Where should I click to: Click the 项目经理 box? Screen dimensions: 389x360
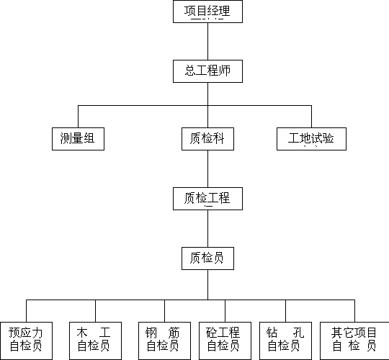[207, 12]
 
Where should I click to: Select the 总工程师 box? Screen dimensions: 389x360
[207, 71]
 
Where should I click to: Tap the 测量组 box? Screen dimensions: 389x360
[78, 139]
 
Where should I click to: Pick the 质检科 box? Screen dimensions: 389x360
[207, 139]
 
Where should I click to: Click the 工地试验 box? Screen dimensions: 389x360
[311, 139]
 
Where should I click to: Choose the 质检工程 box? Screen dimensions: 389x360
[207, 199]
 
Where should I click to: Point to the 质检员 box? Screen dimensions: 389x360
[207, 258]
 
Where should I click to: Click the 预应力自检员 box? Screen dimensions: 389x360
[26, 341]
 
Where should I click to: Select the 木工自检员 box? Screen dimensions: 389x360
[95, 341]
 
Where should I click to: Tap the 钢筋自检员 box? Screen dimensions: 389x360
[164, 341]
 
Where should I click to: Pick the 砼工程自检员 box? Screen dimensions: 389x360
[225, 341]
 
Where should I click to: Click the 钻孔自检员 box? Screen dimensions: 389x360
[285, 341]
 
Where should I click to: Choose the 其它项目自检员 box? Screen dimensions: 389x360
[354, 341]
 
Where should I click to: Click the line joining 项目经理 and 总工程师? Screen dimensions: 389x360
[207, 42]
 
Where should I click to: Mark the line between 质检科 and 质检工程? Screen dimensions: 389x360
[207, 169]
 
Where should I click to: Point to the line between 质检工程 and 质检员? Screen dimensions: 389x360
[207, 228]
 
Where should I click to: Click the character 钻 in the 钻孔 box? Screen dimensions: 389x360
[272, 333]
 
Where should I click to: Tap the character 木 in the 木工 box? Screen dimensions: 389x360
[82, 333]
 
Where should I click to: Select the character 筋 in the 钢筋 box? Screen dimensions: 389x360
[174, 333]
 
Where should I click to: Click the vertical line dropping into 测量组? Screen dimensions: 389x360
[78, 117]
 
